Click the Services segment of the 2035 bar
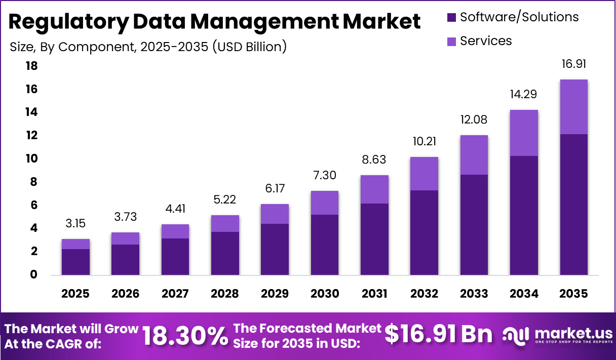(x=573, y=107)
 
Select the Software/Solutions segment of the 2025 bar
(x=75, y=262)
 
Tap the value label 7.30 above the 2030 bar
(x=324, y=176)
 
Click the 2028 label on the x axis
(x=225, y=294)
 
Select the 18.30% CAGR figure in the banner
(x=185, y=336)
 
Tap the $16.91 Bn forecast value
(x=438, y=335)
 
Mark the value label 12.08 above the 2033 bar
(x=474, y=120)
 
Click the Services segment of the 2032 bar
(x=424, y=174)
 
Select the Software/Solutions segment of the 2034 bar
(x=524, y=215)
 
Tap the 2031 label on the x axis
(x=374, y=294)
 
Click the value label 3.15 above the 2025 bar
(x=75, y=223)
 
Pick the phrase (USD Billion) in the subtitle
(x=249, y=47)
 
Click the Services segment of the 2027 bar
(x=175, y=231)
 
